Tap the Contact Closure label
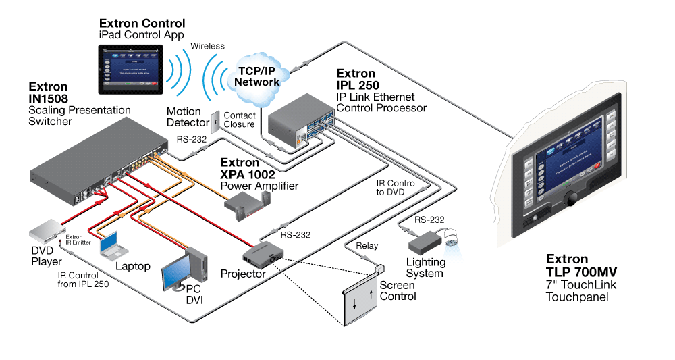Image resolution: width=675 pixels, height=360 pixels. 240,120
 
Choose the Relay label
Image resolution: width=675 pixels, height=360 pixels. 367,246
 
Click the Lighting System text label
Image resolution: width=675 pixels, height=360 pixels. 425,267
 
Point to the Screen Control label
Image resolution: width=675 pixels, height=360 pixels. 398,290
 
